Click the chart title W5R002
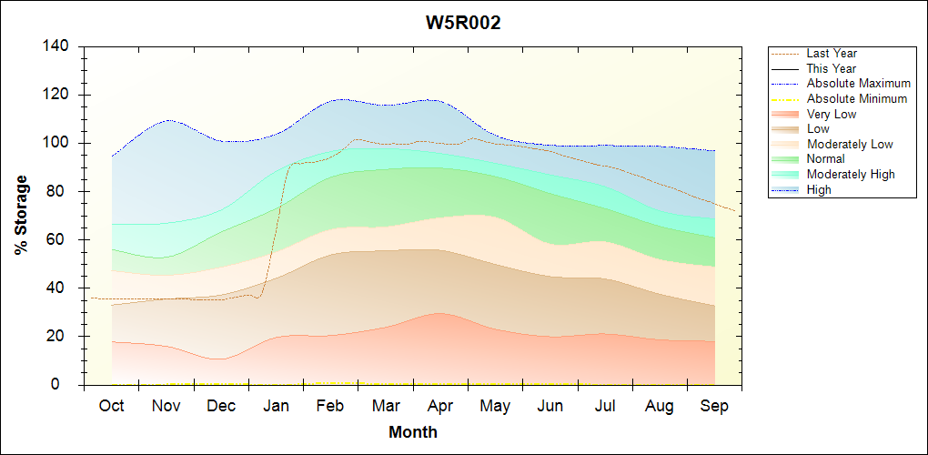click(x=463, y=23)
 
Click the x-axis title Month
click(x=413, y=432)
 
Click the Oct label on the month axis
click(x=111, y=406)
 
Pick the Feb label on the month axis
click(x=330, y=406)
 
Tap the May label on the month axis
click(x=495, y=406)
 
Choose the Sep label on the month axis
click(x=714, y=406)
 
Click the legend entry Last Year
click(x=832, y=54)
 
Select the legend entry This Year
click(x=832, y=68)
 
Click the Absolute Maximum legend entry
click(x=858, y=84)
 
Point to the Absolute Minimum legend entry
click(x=857, y=99)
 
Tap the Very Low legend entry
click(x=832, y=114)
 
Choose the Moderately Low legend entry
click(x=850, y=145)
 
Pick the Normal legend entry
click(x=826, y=159)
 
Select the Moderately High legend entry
click(x=851, y=175)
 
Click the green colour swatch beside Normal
click(x=785, y=159)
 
